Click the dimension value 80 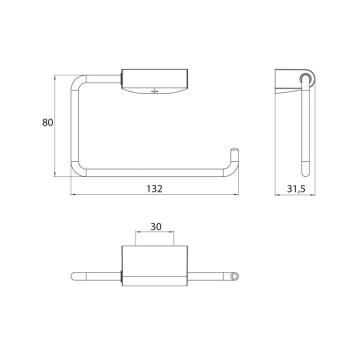[48, 122]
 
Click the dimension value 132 [154, 188]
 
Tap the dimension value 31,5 [296, 189]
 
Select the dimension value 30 [156, 227]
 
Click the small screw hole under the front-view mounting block [154, 91]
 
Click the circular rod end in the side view [305, 77]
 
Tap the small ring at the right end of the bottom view [234, 276]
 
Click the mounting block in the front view [154, 81]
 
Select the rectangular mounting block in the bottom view [154, 266]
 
